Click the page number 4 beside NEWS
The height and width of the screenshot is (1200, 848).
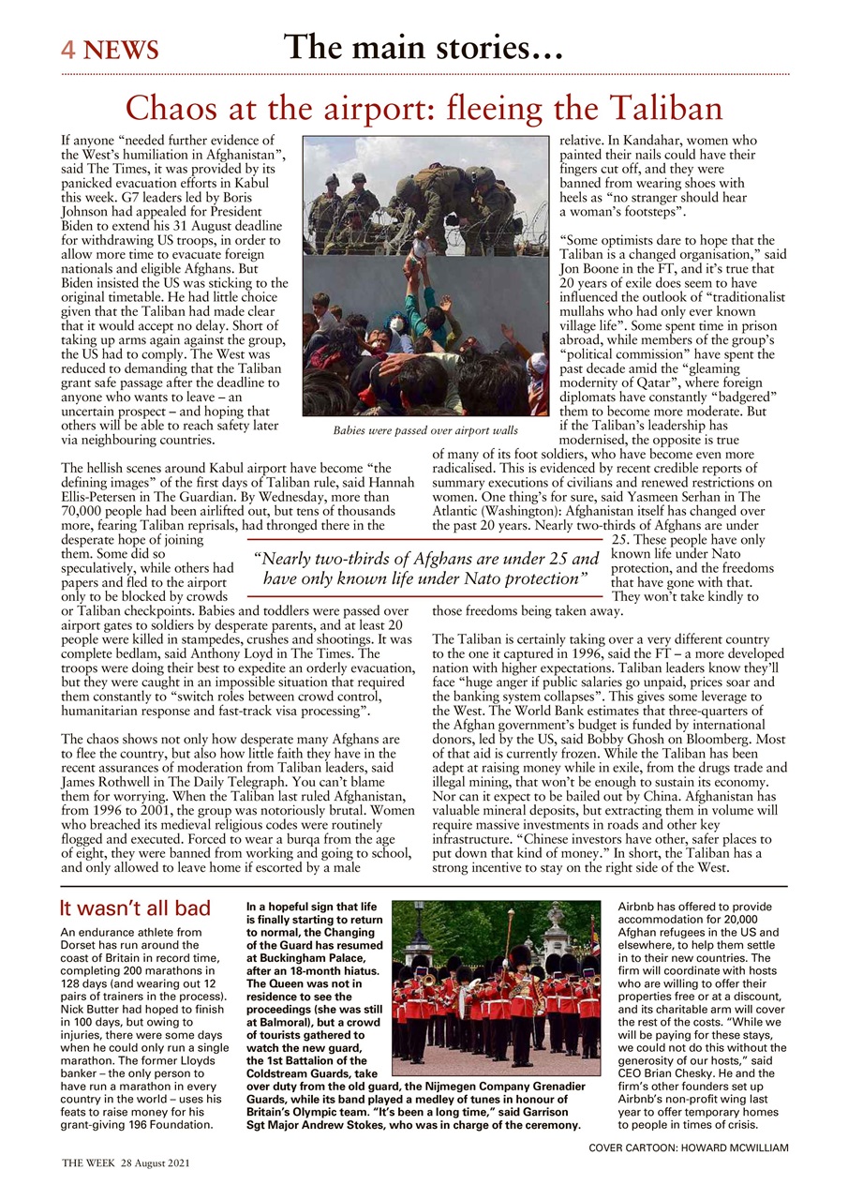click(68, 50)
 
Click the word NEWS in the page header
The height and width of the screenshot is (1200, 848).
click(121, 51)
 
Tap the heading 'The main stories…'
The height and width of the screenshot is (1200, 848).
click(424, 46)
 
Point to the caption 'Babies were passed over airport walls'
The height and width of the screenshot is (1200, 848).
click(425, 431)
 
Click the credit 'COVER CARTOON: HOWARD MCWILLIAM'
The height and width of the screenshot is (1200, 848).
click(688, 1147)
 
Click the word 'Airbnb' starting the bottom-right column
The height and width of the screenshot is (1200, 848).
click(640, 907)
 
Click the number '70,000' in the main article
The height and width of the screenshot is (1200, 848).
click(83, 513)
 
